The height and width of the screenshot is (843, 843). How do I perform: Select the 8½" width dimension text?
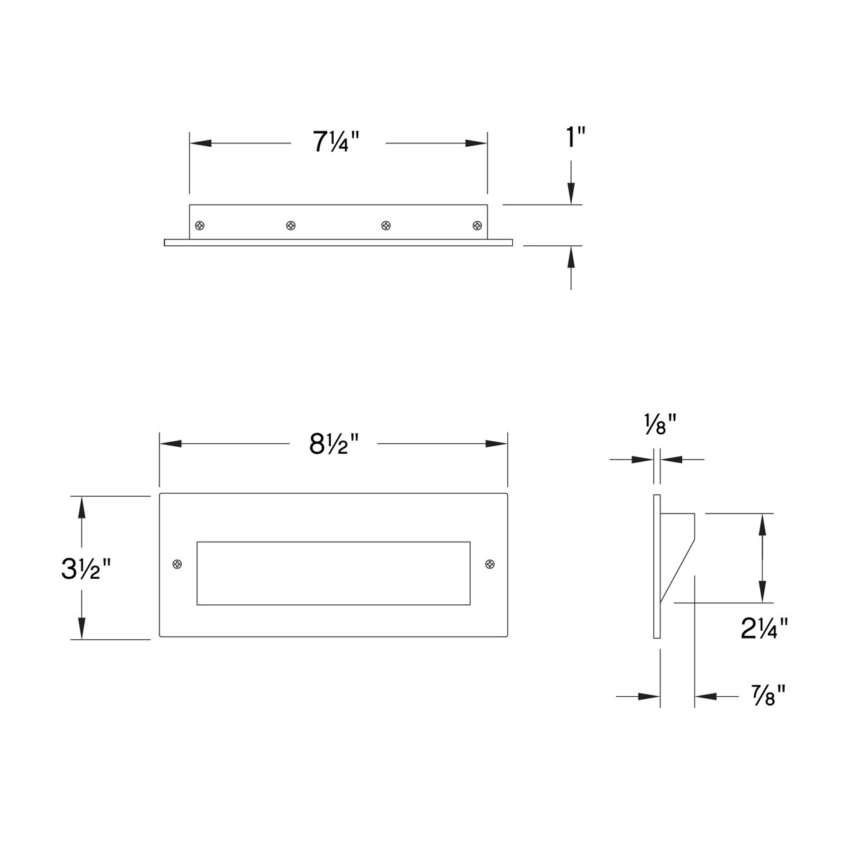tap(334, 444)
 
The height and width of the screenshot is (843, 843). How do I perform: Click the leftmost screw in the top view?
tap(201, 226)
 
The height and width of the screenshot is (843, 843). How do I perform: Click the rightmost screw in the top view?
tap(478, 226)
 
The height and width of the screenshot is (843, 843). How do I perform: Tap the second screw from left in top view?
tap(291, 226)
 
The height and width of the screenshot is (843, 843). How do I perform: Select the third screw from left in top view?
tap(386, 226)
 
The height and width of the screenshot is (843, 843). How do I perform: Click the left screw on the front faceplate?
tap(178, 564)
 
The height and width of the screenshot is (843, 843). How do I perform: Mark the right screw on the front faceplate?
tap(489, 564)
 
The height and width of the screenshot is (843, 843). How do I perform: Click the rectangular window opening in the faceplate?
tap(333, 573)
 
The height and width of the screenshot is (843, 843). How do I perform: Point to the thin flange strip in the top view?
tap(338, 242)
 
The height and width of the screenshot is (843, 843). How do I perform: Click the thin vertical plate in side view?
tap(657, 566)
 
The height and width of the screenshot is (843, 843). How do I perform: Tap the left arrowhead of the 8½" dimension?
tap(171, 444)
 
